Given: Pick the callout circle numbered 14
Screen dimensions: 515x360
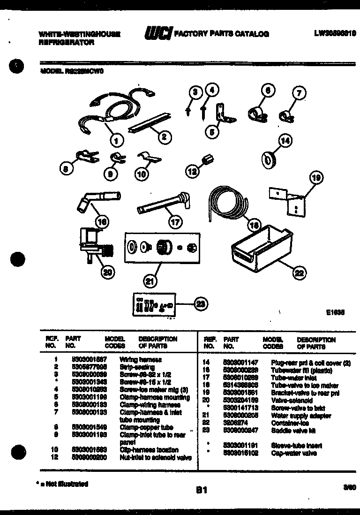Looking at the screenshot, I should (285, 140).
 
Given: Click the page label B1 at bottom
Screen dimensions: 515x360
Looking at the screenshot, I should (202, 490).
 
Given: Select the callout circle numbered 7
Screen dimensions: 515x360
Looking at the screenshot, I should (299, 93).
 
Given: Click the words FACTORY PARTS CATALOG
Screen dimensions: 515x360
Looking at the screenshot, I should (221, 34).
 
